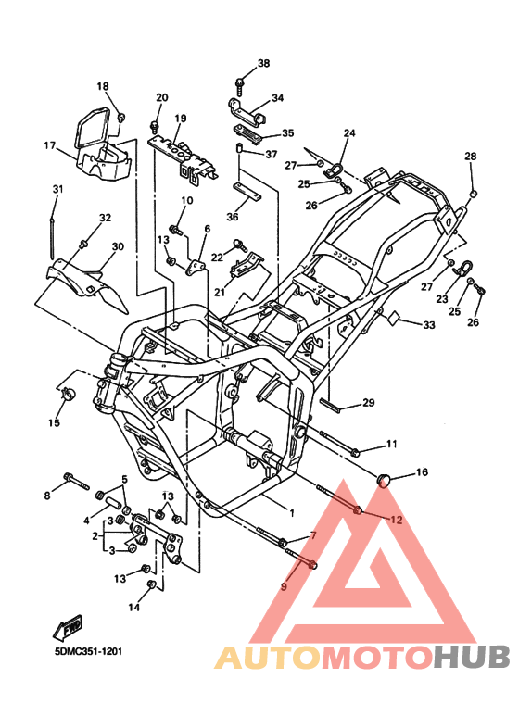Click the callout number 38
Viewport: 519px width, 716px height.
tap(263, 64)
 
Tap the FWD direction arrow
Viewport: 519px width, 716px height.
tap(68, 627)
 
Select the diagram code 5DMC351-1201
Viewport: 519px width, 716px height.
tap(88, 651)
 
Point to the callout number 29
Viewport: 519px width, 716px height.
tap(368, 402)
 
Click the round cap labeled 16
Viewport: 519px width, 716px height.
tap(383, 479)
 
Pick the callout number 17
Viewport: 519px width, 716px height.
tap(50, 145)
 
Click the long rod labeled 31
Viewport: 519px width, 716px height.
tap(52, 239)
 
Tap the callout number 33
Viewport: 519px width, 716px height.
tap(428, 325)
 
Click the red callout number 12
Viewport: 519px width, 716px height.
tap(396, 520)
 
